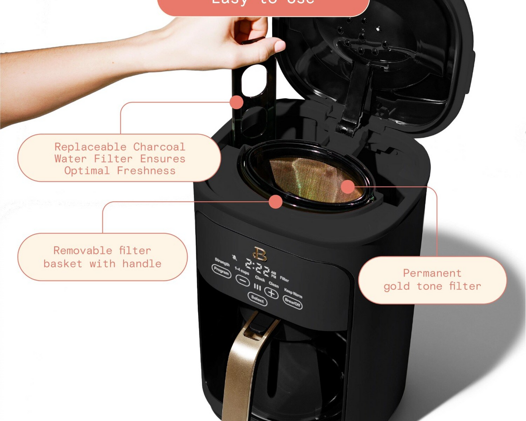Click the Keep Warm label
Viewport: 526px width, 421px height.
click(293, 291)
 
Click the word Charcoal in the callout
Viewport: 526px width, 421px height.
click(159, 147)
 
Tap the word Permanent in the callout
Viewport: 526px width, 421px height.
click(432, 273)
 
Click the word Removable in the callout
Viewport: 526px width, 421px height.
click(83, 250)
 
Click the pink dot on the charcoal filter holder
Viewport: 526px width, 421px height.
click(237, 102)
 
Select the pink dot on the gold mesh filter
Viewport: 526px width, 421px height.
click(348, 186)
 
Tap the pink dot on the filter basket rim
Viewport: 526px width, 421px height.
click(275, 202)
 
